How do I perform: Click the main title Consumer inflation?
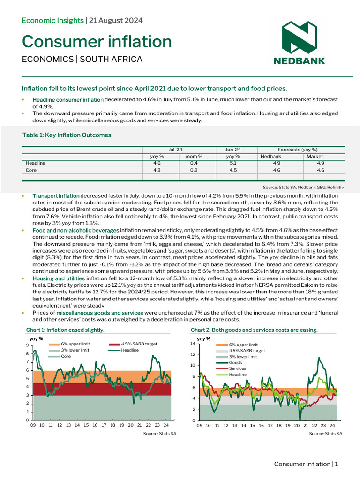97,42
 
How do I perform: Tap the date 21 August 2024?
116,20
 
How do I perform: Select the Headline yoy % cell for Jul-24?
157,163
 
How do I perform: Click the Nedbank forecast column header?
271,156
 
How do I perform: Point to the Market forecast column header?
315,156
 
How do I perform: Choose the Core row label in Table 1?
31,170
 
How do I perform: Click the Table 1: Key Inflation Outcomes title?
67,135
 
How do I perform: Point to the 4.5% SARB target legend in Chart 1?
138,344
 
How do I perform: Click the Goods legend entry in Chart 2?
235,362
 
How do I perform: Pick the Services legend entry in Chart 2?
237,368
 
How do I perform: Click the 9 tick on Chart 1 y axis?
28,345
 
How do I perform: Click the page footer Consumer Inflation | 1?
306,464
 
